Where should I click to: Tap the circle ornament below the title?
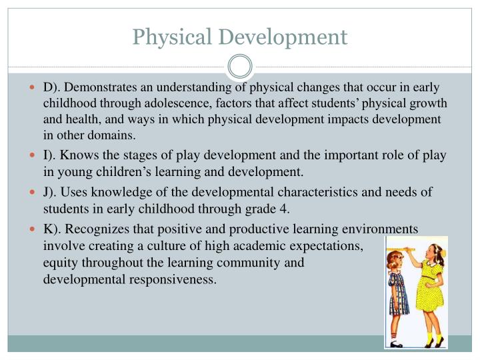[240, 67]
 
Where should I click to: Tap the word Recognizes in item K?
[97, 230]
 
